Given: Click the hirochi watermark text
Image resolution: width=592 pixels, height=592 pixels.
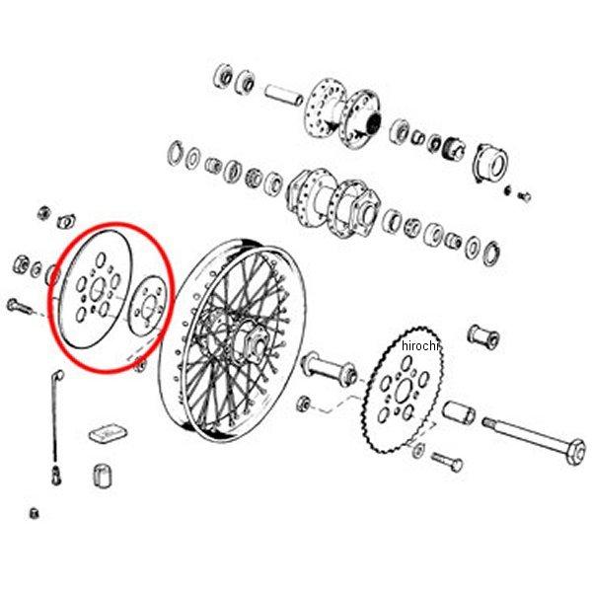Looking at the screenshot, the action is pyautogui.click(x=420, y=346).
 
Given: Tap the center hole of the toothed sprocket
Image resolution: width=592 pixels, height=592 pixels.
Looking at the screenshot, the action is pyautogui.click(x=404, y=391).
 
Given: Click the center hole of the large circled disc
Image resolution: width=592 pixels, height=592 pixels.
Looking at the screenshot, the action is pyautogui.click(x=97, y=290).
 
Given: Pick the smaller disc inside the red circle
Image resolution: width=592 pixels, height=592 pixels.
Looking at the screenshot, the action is pyautogui.click(x=147, y=306).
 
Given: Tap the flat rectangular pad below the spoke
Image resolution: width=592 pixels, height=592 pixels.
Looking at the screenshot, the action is pyautogui.click(x=108, y=433).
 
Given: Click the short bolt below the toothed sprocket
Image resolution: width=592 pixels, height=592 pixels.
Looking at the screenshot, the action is pyautogui.click(x=447, y=462).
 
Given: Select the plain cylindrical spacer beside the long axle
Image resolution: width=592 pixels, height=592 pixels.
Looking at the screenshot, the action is pyautogui.click(x=459, y=412).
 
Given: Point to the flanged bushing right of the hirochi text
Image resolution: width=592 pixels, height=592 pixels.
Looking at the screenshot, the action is pyautogui.click(x=483, y=335).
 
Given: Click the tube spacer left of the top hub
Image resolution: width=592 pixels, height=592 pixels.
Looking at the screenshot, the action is pyautogui.click(x=284, y=96).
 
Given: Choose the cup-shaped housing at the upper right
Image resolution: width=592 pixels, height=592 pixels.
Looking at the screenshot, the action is pyautogui.click(x=490, y=162).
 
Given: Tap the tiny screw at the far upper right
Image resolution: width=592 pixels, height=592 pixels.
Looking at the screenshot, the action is pyautogui.click(x=525, y=196).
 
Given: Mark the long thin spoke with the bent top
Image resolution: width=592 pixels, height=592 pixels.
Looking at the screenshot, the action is pyautogui.click(x=56, y=415).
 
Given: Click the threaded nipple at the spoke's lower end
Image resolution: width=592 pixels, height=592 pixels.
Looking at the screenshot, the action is pyautogui.click(x=56, y=475).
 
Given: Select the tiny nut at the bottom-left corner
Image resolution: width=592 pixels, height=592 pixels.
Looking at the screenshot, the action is pyautogui.click(x=34, y=513).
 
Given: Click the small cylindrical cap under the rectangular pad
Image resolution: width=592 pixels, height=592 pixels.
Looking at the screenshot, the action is pyautogui.click(x=103, y=476).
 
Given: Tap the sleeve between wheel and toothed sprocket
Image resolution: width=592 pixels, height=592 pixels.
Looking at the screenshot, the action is pyautogui.click(x=329, y=368).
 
